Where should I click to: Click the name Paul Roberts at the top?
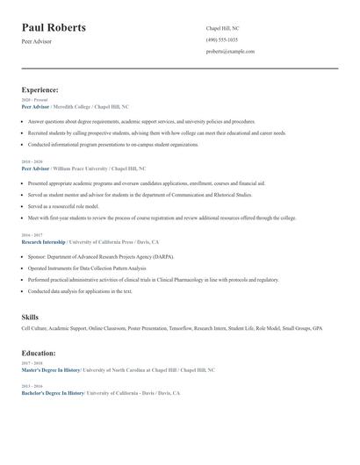[54, 28]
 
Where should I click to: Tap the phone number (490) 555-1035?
[221, 39]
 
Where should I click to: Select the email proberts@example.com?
[230, 52]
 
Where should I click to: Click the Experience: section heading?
[40, 89]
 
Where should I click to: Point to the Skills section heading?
[30, 316]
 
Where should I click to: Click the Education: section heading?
[39, 353]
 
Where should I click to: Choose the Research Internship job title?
[43, 241]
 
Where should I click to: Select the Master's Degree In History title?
[51, 370]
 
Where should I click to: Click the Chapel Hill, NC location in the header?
[222, 28]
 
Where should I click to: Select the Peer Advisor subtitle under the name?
[36, 41]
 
